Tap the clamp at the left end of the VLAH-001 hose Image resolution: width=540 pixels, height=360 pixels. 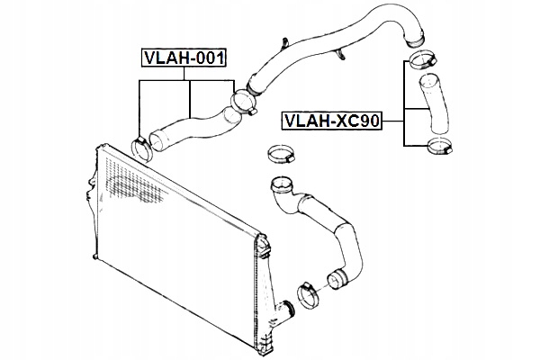click(x=141, y=143)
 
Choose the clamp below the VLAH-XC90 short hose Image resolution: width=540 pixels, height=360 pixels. click(x=440, y=145)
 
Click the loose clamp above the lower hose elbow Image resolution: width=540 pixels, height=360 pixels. click(x=281, y=154)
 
